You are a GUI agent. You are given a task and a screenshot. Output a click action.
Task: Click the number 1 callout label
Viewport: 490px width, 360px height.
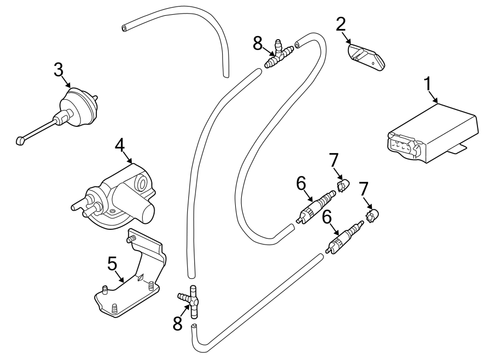point(428,84)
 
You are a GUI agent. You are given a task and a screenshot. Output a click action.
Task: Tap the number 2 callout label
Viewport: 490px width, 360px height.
point(341,24)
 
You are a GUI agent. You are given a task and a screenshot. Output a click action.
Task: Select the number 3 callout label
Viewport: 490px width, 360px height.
point(59,69)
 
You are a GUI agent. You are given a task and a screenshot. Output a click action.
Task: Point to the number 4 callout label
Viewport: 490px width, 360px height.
point(120,145)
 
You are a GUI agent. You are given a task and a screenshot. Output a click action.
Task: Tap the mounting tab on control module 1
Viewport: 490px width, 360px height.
point(461,145)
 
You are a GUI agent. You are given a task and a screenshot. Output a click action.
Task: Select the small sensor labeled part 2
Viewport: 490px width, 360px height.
point(365,56)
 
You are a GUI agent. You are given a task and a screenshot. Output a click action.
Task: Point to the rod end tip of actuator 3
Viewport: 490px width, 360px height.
point(20,141)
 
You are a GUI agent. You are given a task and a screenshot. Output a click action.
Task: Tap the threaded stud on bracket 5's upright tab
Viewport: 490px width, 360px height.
point(131,239)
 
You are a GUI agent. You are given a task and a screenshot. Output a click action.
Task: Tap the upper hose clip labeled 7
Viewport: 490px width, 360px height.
point(342,187)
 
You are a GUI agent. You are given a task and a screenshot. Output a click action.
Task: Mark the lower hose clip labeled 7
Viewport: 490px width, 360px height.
point(373,216)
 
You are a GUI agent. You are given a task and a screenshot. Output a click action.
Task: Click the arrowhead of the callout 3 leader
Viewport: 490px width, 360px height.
point(70,87)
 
